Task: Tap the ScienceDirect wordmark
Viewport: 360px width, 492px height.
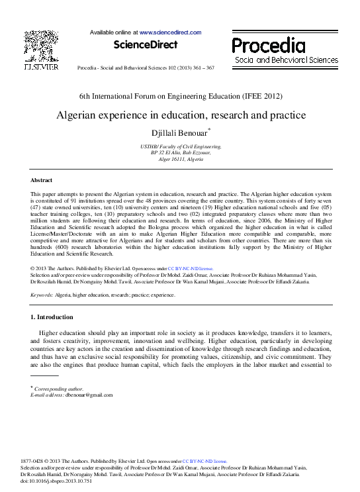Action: pos(146,44)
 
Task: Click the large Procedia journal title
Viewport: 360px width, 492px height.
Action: pos(268,45)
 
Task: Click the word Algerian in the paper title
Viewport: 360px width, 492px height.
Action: pos(77,115)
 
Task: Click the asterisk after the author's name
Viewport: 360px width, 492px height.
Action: pos(210,129)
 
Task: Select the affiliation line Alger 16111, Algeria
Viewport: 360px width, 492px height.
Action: pos(181,160)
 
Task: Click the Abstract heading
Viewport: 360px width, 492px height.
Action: pos(42,180)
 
